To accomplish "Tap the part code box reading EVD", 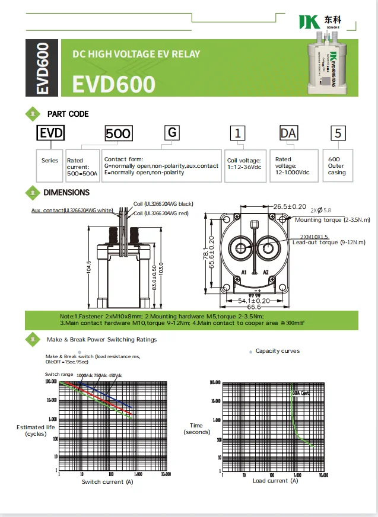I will pos(50,132).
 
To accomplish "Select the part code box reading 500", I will pos(118,133).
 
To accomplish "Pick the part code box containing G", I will pos(171,132).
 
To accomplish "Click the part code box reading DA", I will pos(288,133).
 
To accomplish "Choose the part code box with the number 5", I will pos(338,133).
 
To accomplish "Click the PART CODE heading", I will pos(68,114).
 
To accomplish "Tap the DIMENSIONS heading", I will pos(66,192).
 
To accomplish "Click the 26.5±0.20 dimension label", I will pos(290,206).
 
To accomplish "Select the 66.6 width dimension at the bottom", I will pos(254,307).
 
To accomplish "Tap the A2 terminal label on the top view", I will pos(266,272).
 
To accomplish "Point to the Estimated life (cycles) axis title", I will pos(35,430).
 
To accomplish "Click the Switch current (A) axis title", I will pos(102,481).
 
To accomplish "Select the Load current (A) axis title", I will pos(275,480).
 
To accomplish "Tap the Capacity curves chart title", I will pos(277,351).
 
